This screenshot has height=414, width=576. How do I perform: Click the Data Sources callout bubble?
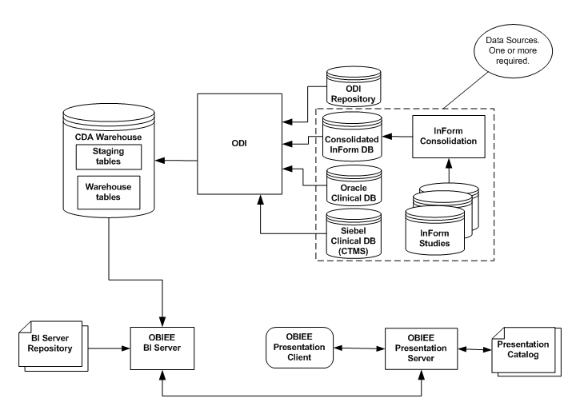coord(512,49)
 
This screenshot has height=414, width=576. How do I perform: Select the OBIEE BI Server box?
coord(162,348)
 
